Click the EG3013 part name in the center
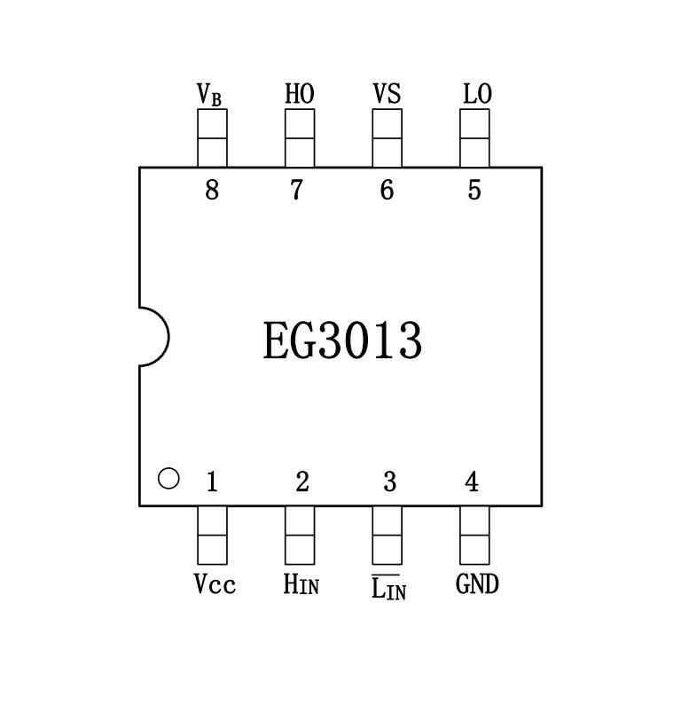(342, 341)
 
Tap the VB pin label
(210, 93)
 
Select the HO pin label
(299, 93)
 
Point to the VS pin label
(387, 93)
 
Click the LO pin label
(476, 93)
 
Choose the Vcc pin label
(214, 584)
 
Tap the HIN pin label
(301, 584)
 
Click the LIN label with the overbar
(388, 587)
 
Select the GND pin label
(477, 584)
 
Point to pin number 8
(211, 190)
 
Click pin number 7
(297, 190)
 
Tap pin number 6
(387, 190)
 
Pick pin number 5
(474, 190)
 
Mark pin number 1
(211, 482)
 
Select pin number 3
(389, 482)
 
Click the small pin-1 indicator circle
(168, 479)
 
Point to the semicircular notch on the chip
(153, 336)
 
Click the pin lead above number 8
(212, 137)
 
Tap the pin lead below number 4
(474, 535)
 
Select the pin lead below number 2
(300, 535)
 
